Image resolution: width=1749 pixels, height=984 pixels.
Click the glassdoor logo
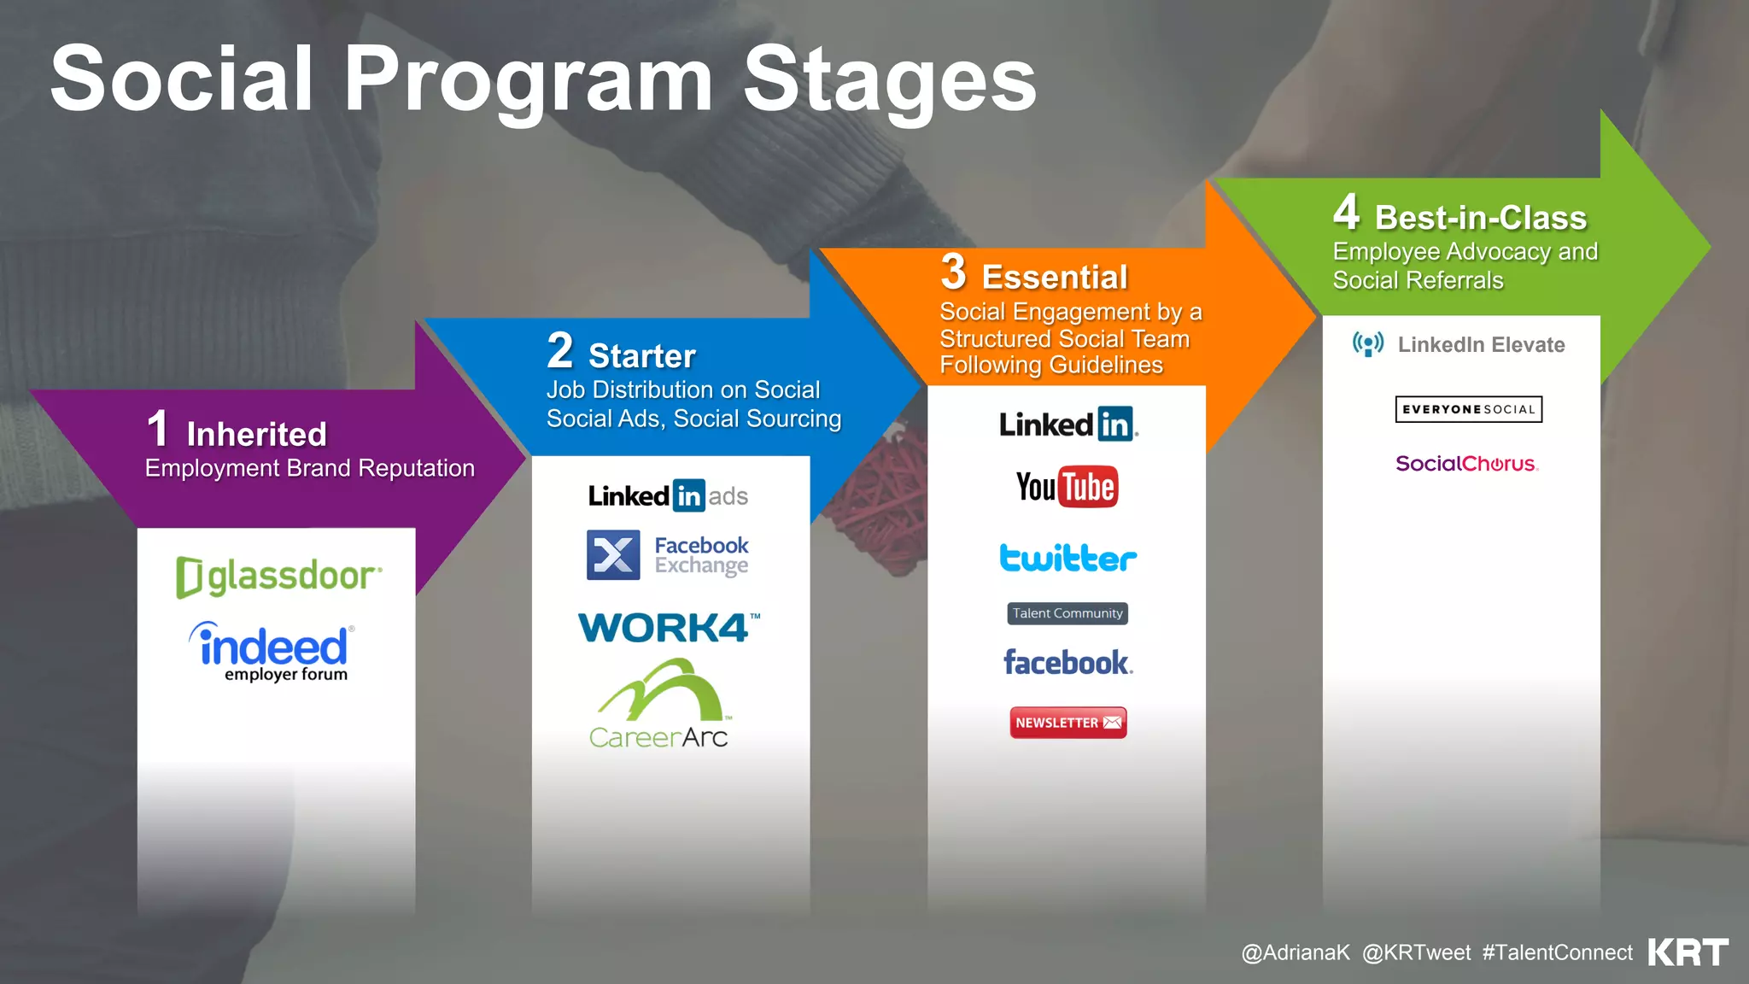(x=278, y=577)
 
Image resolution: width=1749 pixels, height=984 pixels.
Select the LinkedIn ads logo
(x=668, y=495)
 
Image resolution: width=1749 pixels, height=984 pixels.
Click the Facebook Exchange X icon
(x=613, y=555)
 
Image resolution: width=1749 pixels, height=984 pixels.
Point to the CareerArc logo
(x=659, y=706)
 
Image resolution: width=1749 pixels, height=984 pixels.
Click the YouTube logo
(x=1067, y=487)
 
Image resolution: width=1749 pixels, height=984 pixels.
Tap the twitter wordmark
(x=1068, y=558)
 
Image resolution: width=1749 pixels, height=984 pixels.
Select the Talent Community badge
(x=1068, y=613)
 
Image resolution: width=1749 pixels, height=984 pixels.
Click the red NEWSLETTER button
(x=1068, y=723)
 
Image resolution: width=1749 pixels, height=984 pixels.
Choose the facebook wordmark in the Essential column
(x=1068, y=663)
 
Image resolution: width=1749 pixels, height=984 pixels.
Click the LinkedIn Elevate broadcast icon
(x=1368, y=344)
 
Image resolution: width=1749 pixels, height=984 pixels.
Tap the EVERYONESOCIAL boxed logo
(x=1468, y=409)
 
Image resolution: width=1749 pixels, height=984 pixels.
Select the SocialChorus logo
(x=1466, y=464)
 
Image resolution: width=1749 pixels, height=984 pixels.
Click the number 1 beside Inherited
(x=158, y=429)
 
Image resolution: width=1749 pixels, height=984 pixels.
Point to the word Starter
(x=642, y=356)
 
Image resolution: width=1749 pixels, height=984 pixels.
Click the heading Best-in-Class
(x=1480, y=218)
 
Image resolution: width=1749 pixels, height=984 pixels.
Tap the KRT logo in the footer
(x=1688, y=952)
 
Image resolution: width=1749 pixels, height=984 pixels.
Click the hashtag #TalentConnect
(x=1557, y=952)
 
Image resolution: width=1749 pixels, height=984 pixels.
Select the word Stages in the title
(x=889, y=79)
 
